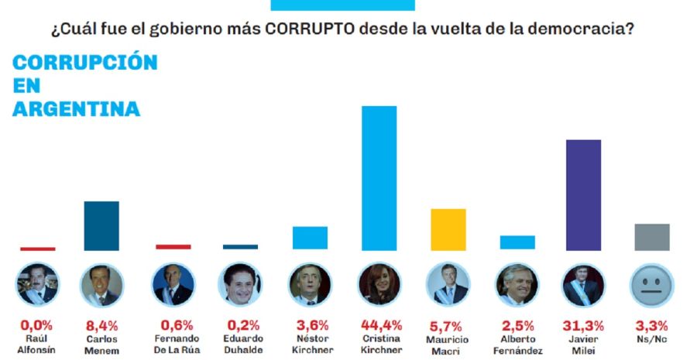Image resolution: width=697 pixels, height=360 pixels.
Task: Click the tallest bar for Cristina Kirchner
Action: [x=379, y=177]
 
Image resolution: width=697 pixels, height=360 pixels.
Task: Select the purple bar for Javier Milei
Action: [x=585, y=195]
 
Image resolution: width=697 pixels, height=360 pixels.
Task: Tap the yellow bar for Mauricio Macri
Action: [x=448, y=229]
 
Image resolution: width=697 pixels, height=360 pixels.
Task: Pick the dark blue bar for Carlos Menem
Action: [x=101, y=225]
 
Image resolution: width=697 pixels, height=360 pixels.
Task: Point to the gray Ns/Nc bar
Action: [x=651, y=237]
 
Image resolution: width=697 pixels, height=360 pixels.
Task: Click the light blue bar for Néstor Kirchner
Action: [x=310, y=238]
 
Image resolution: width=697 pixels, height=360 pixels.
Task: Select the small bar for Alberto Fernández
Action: [x=517, y=242]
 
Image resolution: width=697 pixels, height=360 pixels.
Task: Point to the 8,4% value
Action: [x=101, y=324]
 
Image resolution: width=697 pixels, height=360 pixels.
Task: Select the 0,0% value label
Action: [x=36, y=324]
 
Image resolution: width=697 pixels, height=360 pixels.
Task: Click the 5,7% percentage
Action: [x=448, y=324]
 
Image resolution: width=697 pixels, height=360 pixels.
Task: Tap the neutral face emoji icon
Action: [x=652, y=285]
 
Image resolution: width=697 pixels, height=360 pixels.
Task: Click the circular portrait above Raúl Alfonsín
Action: [x=36, y=285]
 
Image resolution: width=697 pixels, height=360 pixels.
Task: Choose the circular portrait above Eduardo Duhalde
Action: [x=240, y=285]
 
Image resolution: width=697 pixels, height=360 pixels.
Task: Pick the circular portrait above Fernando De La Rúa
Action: [x=173, y=285]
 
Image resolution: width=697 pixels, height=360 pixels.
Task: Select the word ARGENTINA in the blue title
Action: [x=76, y=109]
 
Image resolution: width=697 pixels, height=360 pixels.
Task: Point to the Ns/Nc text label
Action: [x=652, y=339]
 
